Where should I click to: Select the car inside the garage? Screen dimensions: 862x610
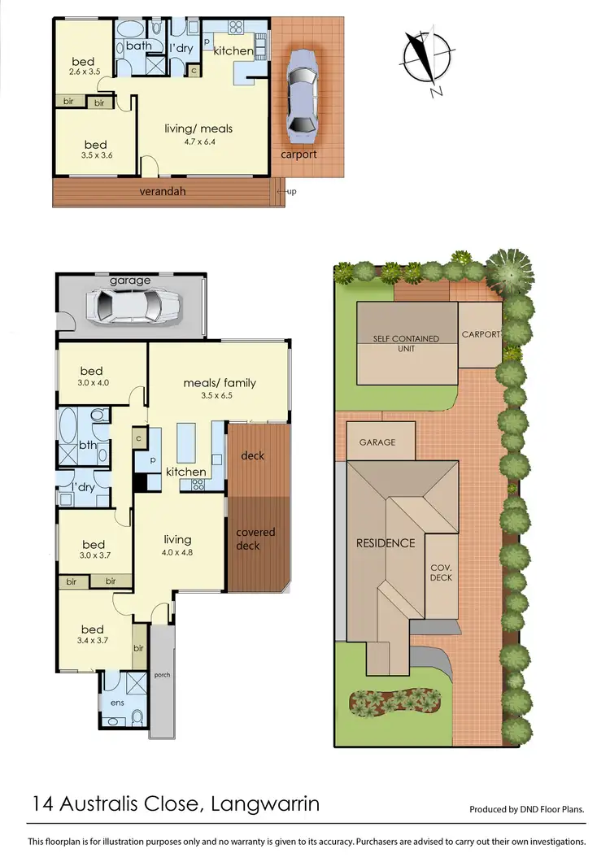pyautogui.click(x=137, y=307)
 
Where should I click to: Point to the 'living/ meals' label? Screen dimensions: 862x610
pyautogui.click(x=199, y=128)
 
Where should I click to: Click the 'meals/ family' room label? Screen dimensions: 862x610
pyautogui.click(x=219, y=383)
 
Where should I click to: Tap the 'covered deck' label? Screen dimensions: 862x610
pyautogui.click(x=255, y=539)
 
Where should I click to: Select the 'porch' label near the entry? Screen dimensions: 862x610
pyautogui.click(x=163, y=675)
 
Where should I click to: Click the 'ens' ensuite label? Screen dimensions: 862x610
pyautogui.click(x=115, y=702)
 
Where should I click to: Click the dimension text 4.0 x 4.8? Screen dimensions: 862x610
pyautogui.click(x=177, y=552)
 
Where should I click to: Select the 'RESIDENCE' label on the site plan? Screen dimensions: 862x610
pyautogui.click(x=386, y=543)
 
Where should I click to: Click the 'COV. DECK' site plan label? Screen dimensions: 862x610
pyautogui.click(x=441, y=572)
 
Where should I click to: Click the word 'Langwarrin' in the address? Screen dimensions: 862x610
pyautogui.click(x=265, y=804)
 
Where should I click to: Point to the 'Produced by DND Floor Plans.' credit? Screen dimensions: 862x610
pyautogui.click(x=527, y=810)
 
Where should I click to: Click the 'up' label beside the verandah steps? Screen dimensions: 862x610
pyautogui.click(x=290, y=191)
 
